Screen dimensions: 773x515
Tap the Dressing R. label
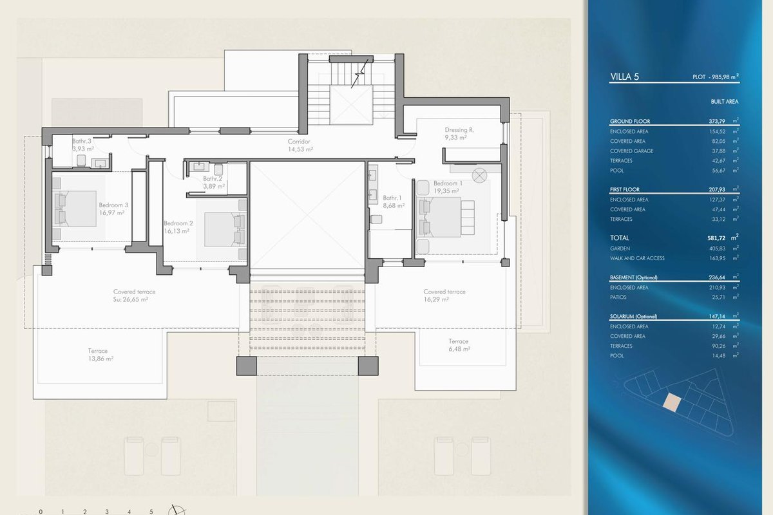click(459, 133)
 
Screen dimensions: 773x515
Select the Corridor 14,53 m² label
click(300, 145)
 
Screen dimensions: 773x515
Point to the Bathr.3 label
click(82, 141)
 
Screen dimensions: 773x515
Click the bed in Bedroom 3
click(75, 209)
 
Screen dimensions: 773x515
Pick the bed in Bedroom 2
click(225, 230)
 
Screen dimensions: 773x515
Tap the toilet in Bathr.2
click(218, 169)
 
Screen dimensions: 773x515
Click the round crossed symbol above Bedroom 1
click(479, 176)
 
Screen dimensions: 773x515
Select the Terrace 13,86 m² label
click(100, 355)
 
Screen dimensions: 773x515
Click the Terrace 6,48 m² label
click(459, 345)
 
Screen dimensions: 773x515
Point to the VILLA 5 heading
click(624, 77)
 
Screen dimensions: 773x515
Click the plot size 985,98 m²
click(725, 77)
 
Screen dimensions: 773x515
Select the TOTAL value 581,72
click(716, 238)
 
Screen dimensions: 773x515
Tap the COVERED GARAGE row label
click(631, 151)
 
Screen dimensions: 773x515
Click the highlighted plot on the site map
click(672, 402)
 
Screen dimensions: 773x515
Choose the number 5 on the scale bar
click(151, 512)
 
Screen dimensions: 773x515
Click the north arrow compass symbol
click(177, 510)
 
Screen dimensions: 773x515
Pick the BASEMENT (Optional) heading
click(634, 277)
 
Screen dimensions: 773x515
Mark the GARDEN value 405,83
click(716, 248)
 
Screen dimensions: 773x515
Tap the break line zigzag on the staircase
click(359, 73)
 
